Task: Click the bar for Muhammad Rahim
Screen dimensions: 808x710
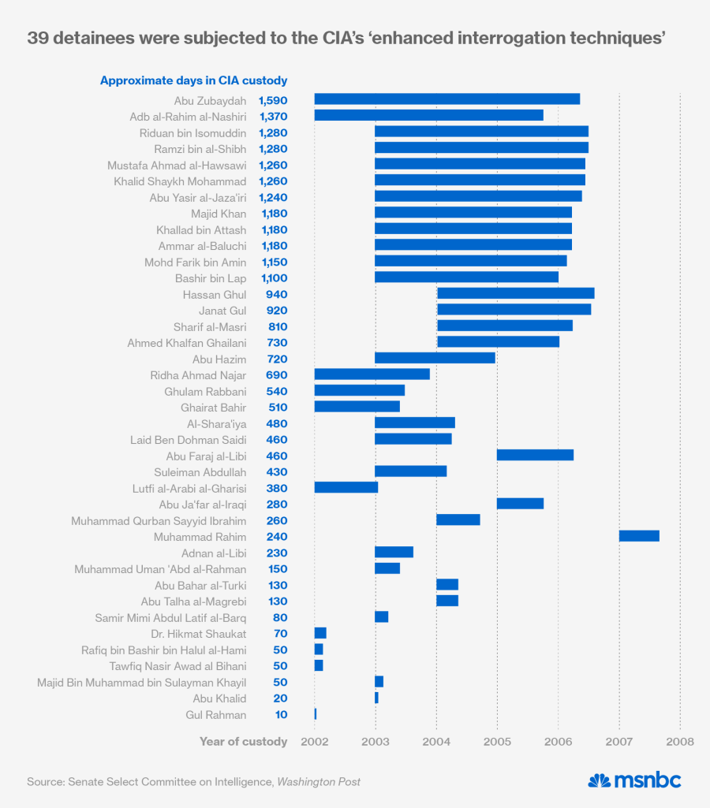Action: [639, 536]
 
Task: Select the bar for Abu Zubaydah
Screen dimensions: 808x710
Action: [447, 99]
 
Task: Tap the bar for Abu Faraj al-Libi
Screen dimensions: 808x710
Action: [535, 456]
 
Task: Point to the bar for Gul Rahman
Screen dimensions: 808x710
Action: [316, 714]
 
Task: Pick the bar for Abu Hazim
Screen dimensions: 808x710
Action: [435, 358]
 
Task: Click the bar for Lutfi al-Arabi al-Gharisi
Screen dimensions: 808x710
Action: [346, 488]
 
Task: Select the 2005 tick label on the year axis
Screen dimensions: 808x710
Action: [497, 742]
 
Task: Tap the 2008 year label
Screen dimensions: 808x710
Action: [680, 742]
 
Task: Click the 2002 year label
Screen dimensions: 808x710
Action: [314, 742]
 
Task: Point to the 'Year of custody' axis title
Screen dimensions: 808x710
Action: [243, 742]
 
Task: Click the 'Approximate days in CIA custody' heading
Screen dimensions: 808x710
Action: [193, 80]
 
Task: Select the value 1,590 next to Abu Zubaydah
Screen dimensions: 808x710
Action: [273, 100]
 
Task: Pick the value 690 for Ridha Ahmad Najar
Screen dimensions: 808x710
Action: [277, 374]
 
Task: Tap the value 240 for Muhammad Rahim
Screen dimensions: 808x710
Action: [277, 536]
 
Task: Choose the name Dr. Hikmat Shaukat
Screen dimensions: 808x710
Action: [198, 634]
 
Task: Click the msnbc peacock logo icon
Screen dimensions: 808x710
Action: [600, 780]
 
